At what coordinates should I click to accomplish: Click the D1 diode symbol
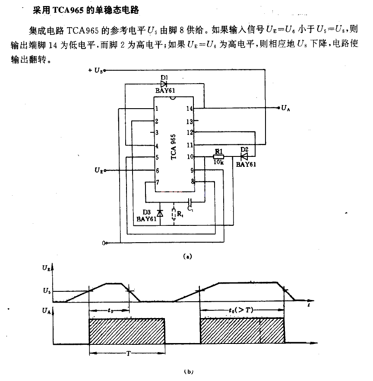pyautogui.click(x=164, y=84)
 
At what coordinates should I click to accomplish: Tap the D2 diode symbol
pyautogui.click(x=244, y=156)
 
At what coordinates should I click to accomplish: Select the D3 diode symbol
pyautogui.click(x=160, y=213)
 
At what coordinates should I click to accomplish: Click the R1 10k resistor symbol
pyautogui.click(x=218, y=157)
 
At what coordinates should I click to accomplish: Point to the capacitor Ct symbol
pyautogui.click(x=190, y=201)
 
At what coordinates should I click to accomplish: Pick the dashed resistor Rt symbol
pyautogui.click(x=174, y=214)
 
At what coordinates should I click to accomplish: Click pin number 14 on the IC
pyautogui.click(x=189, y=109)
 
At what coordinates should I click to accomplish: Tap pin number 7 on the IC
pyautogui.click(x=158, y=182)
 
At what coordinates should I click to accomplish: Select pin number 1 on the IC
pyautogui.click(x=157, y=108)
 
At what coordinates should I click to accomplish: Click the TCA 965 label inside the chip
pyautogui.click(x=173, y=147)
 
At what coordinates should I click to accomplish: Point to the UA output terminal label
pyautogui.click(x=285, y=108)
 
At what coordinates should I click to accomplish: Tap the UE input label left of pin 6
pyautogui.click(x=98, y=170)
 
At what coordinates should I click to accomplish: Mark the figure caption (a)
pyautogui.click(x=188, y=256)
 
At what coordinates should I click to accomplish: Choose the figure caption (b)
pyautogui.click(x=189, y=372)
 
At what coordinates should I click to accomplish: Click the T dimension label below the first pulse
pyautogui.click(x=129, y=353)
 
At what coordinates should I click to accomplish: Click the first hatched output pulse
pyautogui.click(x=127, y=331)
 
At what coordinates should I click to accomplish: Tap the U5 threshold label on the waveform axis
pyautogui.click(x=47, y=291)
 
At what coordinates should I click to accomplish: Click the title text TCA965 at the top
pyautogui.click(x=68, y=10)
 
